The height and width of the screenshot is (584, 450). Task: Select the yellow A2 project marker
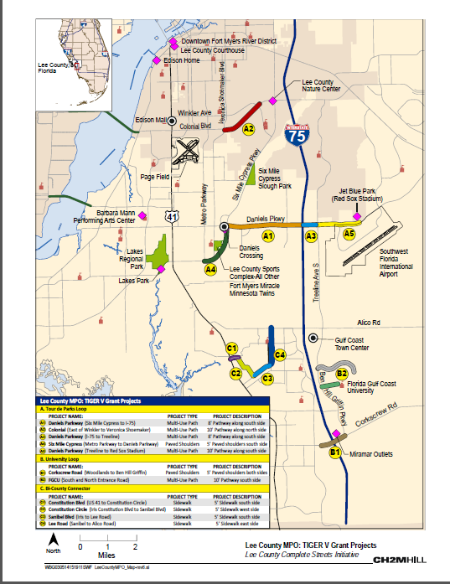click(x=249, y=129)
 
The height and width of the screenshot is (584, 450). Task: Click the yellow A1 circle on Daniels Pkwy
click(x=268, y=237)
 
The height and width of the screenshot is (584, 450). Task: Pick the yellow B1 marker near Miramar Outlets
click(x=334, y=453)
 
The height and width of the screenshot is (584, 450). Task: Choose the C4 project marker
click(x=281, y=355)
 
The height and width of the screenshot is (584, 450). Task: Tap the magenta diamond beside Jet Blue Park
click(x=357, y=216)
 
